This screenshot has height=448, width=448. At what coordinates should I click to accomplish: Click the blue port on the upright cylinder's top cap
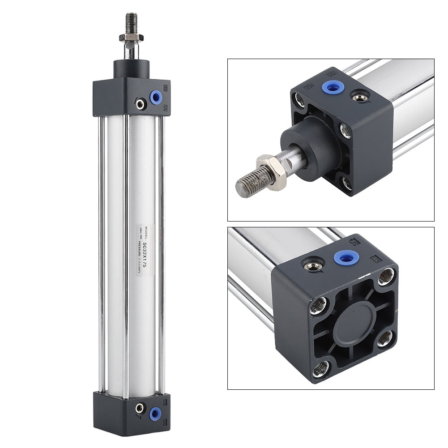156,97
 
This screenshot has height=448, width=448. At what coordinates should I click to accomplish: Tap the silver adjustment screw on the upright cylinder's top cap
141,104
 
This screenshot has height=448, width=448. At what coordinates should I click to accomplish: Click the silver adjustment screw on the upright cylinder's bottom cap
140,408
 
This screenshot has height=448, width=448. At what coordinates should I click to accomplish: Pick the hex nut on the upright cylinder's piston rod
131,37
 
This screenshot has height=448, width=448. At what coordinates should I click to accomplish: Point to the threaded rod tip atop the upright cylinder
131,22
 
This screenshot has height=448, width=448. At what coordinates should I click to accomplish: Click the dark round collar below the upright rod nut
131,68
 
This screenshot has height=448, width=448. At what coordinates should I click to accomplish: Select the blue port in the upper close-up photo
333,87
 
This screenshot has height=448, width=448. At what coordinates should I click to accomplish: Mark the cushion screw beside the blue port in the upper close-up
360,96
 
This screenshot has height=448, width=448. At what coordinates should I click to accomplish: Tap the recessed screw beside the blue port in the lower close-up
313,265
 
